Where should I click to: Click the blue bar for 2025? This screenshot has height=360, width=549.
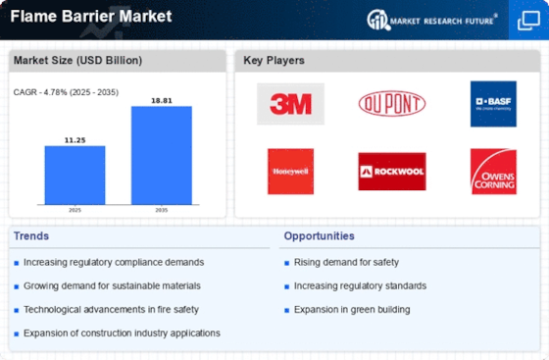(75, 176)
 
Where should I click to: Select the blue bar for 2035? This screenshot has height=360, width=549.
(162, 156)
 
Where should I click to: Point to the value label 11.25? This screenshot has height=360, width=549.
(75, 140)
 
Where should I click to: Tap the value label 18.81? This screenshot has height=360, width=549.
(162, 100)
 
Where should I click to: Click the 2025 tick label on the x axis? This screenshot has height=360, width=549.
(75, 210)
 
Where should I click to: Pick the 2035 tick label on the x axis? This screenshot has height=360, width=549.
(162, 210)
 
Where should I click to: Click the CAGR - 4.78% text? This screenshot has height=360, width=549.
(40, 92)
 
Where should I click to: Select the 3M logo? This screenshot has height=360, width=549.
(290, 104)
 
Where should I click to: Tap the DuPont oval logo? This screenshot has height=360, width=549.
(392, 103)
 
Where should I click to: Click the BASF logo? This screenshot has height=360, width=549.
(493, 104)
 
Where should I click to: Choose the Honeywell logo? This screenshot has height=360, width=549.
(290, 172)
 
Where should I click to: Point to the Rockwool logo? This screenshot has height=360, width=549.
(392, 172)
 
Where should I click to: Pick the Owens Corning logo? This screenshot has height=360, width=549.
(493, 172)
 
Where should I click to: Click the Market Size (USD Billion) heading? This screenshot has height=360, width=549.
(77, 60)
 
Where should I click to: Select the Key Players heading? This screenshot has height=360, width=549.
(274, 60)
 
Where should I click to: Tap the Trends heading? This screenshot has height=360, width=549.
(31, 236)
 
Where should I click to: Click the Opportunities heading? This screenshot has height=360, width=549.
(319, 236)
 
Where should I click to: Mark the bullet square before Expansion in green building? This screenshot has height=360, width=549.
(286, 310)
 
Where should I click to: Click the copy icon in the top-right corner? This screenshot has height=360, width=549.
(528, 21)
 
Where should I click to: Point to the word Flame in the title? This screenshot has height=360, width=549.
(33, 16)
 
